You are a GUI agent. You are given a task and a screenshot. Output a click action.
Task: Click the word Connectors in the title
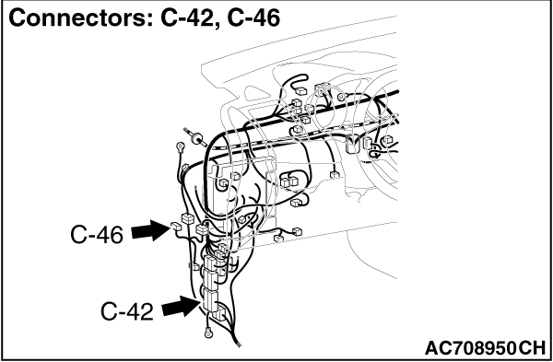coord(79,18)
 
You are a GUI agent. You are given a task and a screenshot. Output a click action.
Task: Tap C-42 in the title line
coord(190,18)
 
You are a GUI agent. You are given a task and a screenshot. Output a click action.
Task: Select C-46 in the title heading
coord(254,18)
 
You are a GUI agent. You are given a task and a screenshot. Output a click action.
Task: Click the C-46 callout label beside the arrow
coord(97,235)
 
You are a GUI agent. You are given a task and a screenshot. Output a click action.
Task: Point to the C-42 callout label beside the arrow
coord(127,311)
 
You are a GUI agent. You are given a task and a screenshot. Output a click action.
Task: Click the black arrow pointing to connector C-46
coord(151,230)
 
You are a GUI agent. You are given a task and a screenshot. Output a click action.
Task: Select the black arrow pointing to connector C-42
coord(182,306)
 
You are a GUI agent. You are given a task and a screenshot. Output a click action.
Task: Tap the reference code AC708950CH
coord(485,348)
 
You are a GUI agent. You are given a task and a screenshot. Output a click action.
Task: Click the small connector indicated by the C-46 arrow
coord(176,226)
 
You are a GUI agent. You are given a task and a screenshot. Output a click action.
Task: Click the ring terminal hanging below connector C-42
coord(208,332)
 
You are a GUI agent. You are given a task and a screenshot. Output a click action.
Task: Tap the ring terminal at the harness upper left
coord(181,146)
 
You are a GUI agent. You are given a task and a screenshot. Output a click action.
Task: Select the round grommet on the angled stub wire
coord(196,138)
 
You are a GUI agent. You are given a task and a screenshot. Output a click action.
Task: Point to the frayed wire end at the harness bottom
coord(239,344)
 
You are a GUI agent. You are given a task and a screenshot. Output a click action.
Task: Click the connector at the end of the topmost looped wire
coord(301,91)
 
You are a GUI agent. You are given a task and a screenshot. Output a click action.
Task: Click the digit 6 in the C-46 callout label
coord(116,235)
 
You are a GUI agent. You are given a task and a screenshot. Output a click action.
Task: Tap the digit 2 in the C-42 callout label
coord(147,311)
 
